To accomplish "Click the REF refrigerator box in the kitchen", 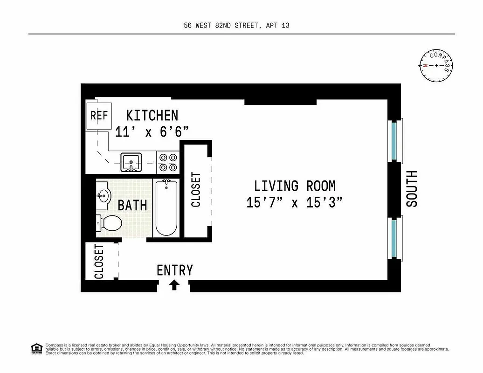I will click(x=99, y=116).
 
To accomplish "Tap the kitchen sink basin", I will click(x=131, y=162).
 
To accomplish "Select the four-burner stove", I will click(x=168, y=162).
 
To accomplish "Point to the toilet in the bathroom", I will click(x=108, y=222).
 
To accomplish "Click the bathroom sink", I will click(x=103, y=194).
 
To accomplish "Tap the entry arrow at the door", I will click(x=174, y=284).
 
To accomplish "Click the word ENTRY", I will click(x=174, y=270).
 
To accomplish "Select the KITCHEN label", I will click(x=152, y=115).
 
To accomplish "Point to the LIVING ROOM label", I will click(x=295, y=186).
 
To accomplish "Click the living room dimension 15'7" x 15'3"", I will click(x=295, y=203).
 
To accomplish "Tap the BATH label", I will click(x=132, y=205).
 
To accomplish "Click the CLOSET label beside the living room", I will click(x=196, y=190).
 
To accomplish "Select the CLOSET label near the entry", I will click(x=99, y=262).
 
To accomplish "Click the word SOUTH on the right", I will click(x=412, y=189).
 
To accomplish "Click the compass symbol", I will click(x=436, y=65).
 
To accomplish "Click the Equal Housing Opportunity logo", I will click(x=36, y=348).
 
